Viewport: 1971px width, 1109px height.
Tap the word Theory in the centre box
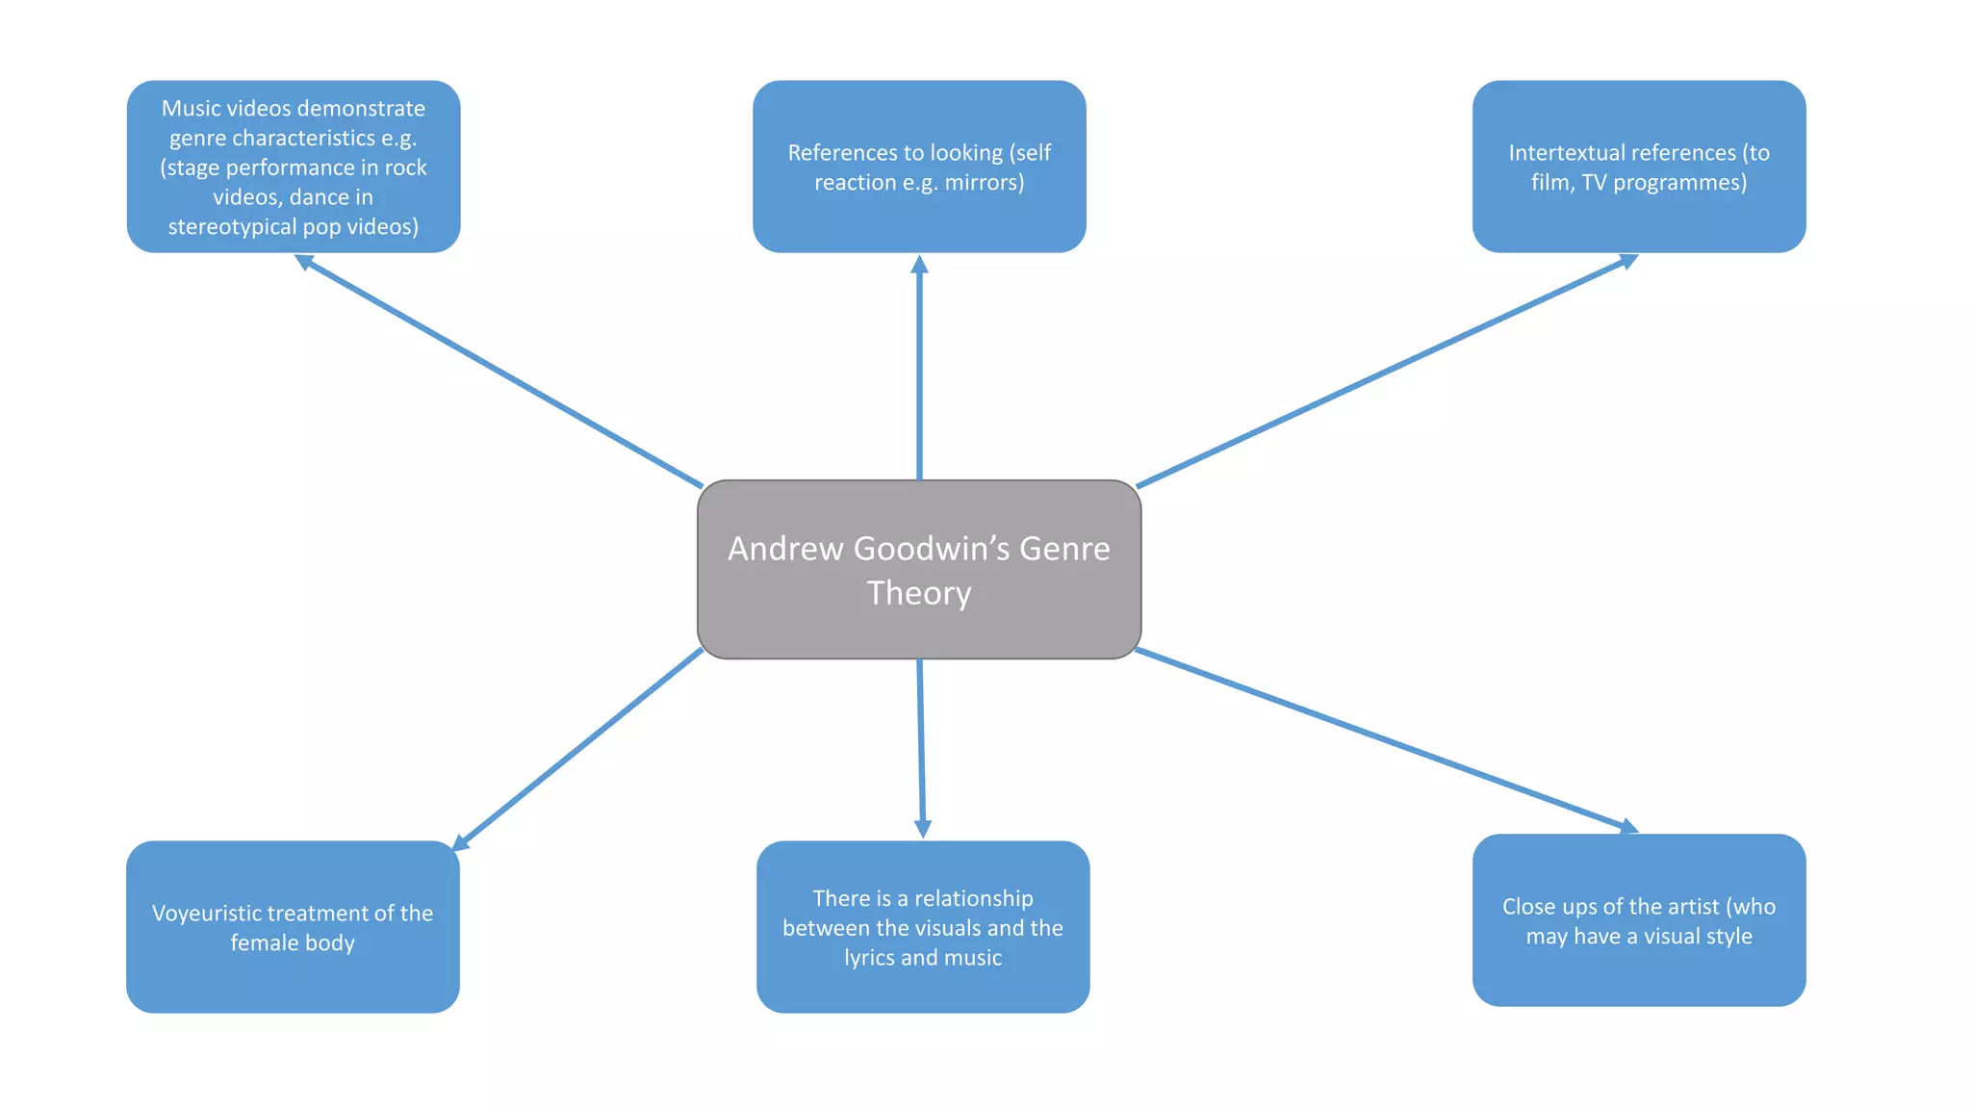click(x=919, y=593)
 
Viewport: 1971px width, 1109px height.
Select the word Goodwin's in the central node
click(x=933, y=548)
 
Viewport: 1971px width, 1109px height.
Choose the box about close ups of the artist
click(x=1638, y=972)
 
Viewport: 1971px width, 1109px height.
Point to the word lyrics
click(x=869, y=958)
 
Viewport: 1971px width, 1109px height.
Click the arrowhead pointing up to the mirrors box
click(x=919, y=264)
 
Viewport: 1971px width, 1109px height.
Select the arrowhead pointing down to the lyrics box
click(x=922, y=829)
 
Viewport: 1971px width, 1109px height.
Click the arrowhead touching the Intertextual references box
click(x=1628, y=260)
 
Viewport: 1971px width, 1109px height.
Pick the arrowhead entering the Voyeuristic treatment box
click(x=460, y=843)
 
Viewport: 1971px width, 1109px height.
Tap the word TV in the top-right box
click(x=1594, y=183)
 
